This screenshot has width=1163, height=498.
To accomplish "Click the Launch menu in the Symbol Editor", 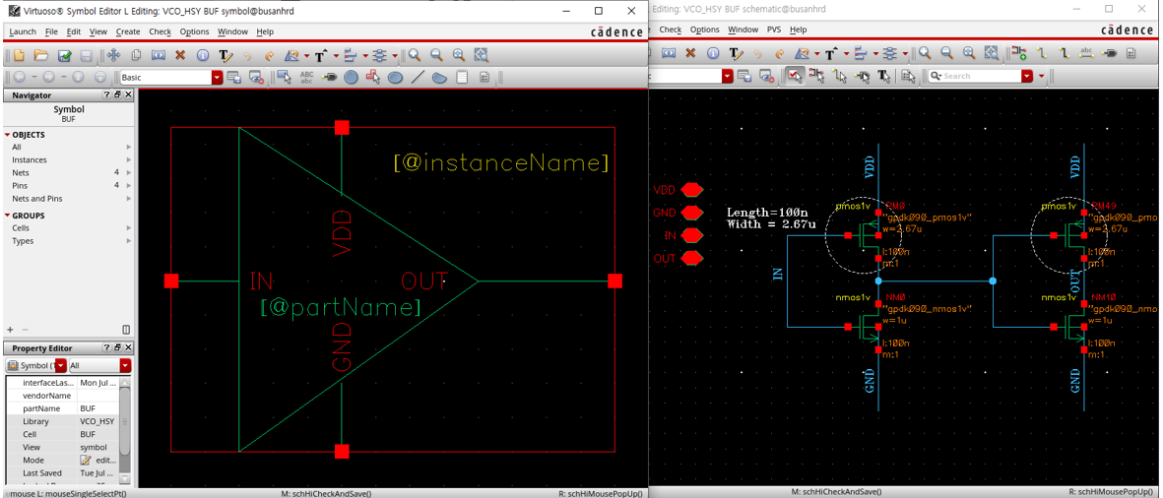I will coord(22,31).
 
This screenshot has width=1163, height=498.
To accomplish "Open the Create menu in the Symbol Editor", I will coord(128,31).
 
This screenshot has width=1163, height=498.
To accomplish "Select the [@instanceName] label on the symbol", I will coord(501,162).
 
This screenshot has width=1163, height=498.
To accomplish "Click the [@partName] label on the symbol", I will coord(341,308).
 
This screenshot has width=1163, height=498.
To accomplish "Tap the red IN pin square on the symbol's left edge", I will coord(171,281).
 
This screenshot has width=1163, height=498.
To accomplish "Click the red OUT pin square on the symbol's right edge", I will coord(615,281).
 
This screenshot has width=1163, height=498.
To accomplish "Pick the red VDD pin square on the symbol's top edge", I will coord(342,128).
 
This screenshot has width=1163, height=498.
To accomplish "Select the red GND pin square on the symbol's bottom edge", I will coord(342,452).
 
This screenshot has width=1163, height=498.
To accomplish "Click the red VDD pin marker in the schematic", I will coord(691,190).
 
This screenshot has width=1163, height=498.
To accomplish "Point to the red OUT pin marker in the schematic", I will coord(691,259).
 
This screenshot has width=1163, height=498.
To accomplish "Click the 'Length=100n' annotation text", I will coord(766,212).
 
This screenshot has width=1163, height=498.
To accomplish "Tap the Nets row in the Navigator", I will coord(21,172).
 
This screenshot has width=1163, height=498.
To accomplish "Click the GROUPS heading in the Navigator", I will coord(28,216).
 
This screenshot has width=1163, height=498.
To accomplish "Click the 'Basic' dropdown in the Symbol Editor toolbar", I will coord(169,77).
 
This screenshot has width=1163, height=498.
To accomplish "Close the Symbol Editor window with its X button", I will coord(626,11).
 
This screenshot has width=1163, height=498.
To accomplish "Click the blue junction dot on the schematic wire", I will coord(993,281).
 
